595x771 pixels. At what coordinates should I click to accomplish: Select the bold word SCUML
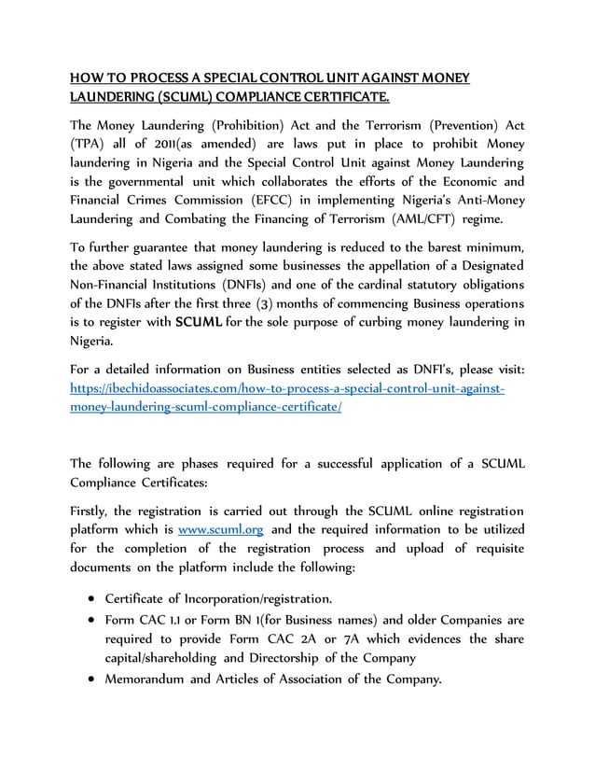pyautogui.click(x=198, y=323)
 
